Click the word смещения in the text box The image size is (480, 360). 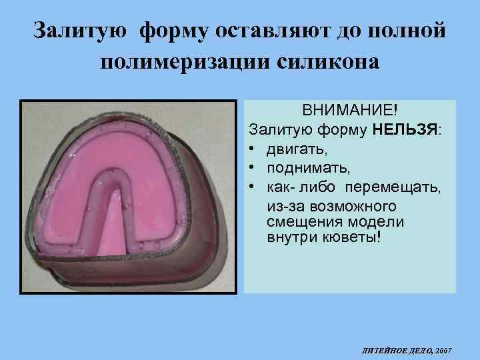coord(299,221)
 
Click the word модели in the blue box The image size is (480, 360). coord(363,221)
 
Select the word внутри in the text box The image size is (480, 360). coord(290,238)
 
